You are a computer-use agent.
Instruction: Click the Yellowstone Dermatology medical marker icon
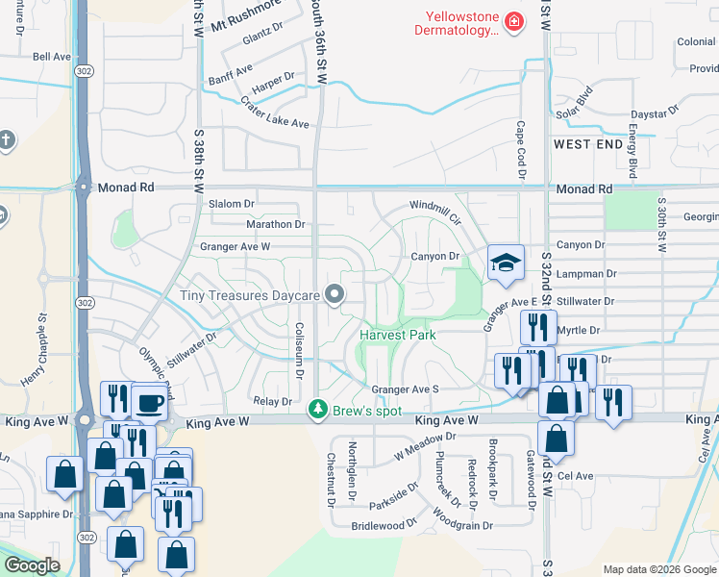click(x=514, y=21)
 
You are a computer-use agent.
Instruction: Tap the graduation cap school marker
click(x=504, y=263)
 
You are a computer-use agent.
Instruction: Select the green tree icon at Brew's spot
click(x=317, y=410)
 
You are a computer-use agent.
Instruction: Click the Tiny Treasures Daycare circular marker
click(x=335, y=294)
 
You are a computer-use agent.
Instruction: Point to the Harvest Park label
click(x=398, y=335)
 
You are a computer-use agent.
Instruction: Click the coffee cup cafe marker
click(x=149, y=403)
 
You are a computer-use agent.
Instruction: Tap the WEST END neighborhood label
click(x=588, y=144)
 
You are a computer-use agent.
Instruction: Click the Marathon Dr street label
click(x=276, y=224)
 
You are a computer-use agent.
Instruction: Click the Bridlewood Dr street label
click(x=384, y=526)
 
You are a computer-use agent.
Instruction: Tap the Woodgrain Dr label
click(x=462, y=526)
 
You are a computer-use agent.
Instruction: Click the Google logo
click(x=32, y=565)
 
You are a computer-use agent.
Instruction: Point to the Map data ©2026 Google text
click(x=659, y=569)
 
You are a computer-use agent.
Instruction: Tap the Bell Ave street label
click(x=52, y=57)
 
